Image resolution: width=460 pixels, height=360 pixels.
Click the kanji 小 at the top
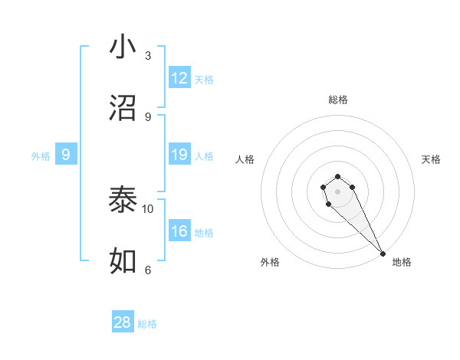[123, 47]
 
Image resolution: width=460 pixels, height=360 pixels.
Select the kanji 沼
[123, 108]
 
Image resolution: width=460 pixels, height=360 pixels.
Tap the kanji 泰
[123, 201]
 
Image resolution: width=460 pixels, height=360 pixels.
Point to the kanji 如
[123, 261]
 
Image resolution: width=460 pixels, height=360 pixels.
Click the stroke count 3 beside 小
[148, 55]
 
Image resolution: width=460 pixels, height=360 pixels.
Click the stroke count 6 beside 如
[148, 270]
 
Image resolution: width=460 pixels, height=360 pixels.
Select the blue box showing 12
[179, 78]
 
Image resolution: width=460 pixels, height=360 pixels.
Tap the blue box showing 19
[179, 155]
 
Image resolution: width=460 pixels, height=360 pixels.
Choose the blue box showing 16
[179, 231]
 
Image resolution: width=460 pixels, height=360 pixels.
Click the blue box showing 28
[123, 322]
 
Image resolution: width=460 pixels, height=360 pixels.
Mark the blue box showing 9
[66, 155]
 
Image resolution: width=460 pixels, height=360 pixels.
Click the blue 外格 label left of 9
[41, 156]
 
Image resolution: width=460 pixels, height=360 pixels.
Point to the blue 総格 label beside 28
[147, 324]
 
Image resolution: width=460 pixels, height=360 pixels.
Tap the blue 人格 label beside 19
[204, 156]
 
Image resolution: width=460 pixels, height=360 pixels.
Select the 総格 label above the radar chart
[338, 100]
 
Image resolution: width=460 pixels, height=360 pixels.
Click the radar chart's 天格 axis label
[432, 159]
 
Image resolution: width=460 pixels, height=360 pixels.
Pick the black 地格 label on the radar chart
[402, 262]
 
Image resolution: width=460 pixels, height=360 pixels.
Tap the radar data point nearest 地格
[383, 253]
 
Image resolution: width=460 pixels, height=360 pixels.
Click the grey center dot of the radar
[338, 191]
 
